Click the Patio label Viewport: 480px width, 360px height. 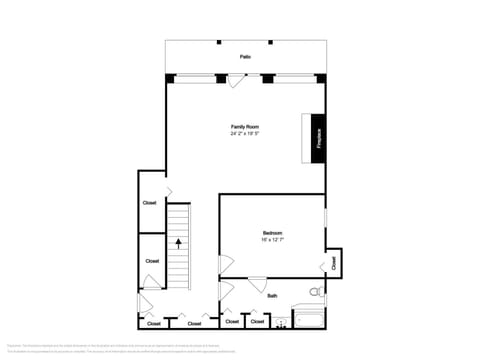click(x=244, y=57)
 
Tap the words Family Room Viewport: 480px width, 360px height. click(x=245, y=126)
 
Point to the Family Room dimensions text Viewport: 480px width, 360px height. click(x=245, y=133)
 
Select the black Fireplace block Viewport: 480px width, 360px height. click(x=317, y=137)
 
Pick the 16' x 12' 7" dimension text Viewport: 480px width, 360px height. click(x=273, y=240)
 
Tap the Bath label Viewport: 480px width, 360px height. click(x=272, y=295)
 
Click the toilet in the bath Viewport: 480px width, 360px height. click(x=315, y=293)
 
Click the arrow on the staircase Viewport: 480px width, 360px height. click(x=179, y=242)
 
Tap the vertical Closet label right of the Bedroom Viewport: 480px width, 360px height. click(x=333, y=262)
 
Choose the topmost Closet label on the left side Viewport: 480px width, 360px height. click(x=149, y=203)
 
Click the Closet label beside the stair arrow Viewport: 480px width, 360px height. click(x=152, y=261)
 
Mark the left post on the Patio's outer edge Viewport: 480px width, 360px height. click(x=219, y=42)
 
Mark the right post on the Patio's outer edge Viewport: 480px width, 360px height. click(x=270, y=42)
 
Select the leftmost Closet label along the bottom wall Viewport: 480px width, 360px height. click(x=153, y=324)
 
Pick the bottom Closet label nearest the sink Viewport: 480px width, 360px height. click(x=257, y=323)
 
